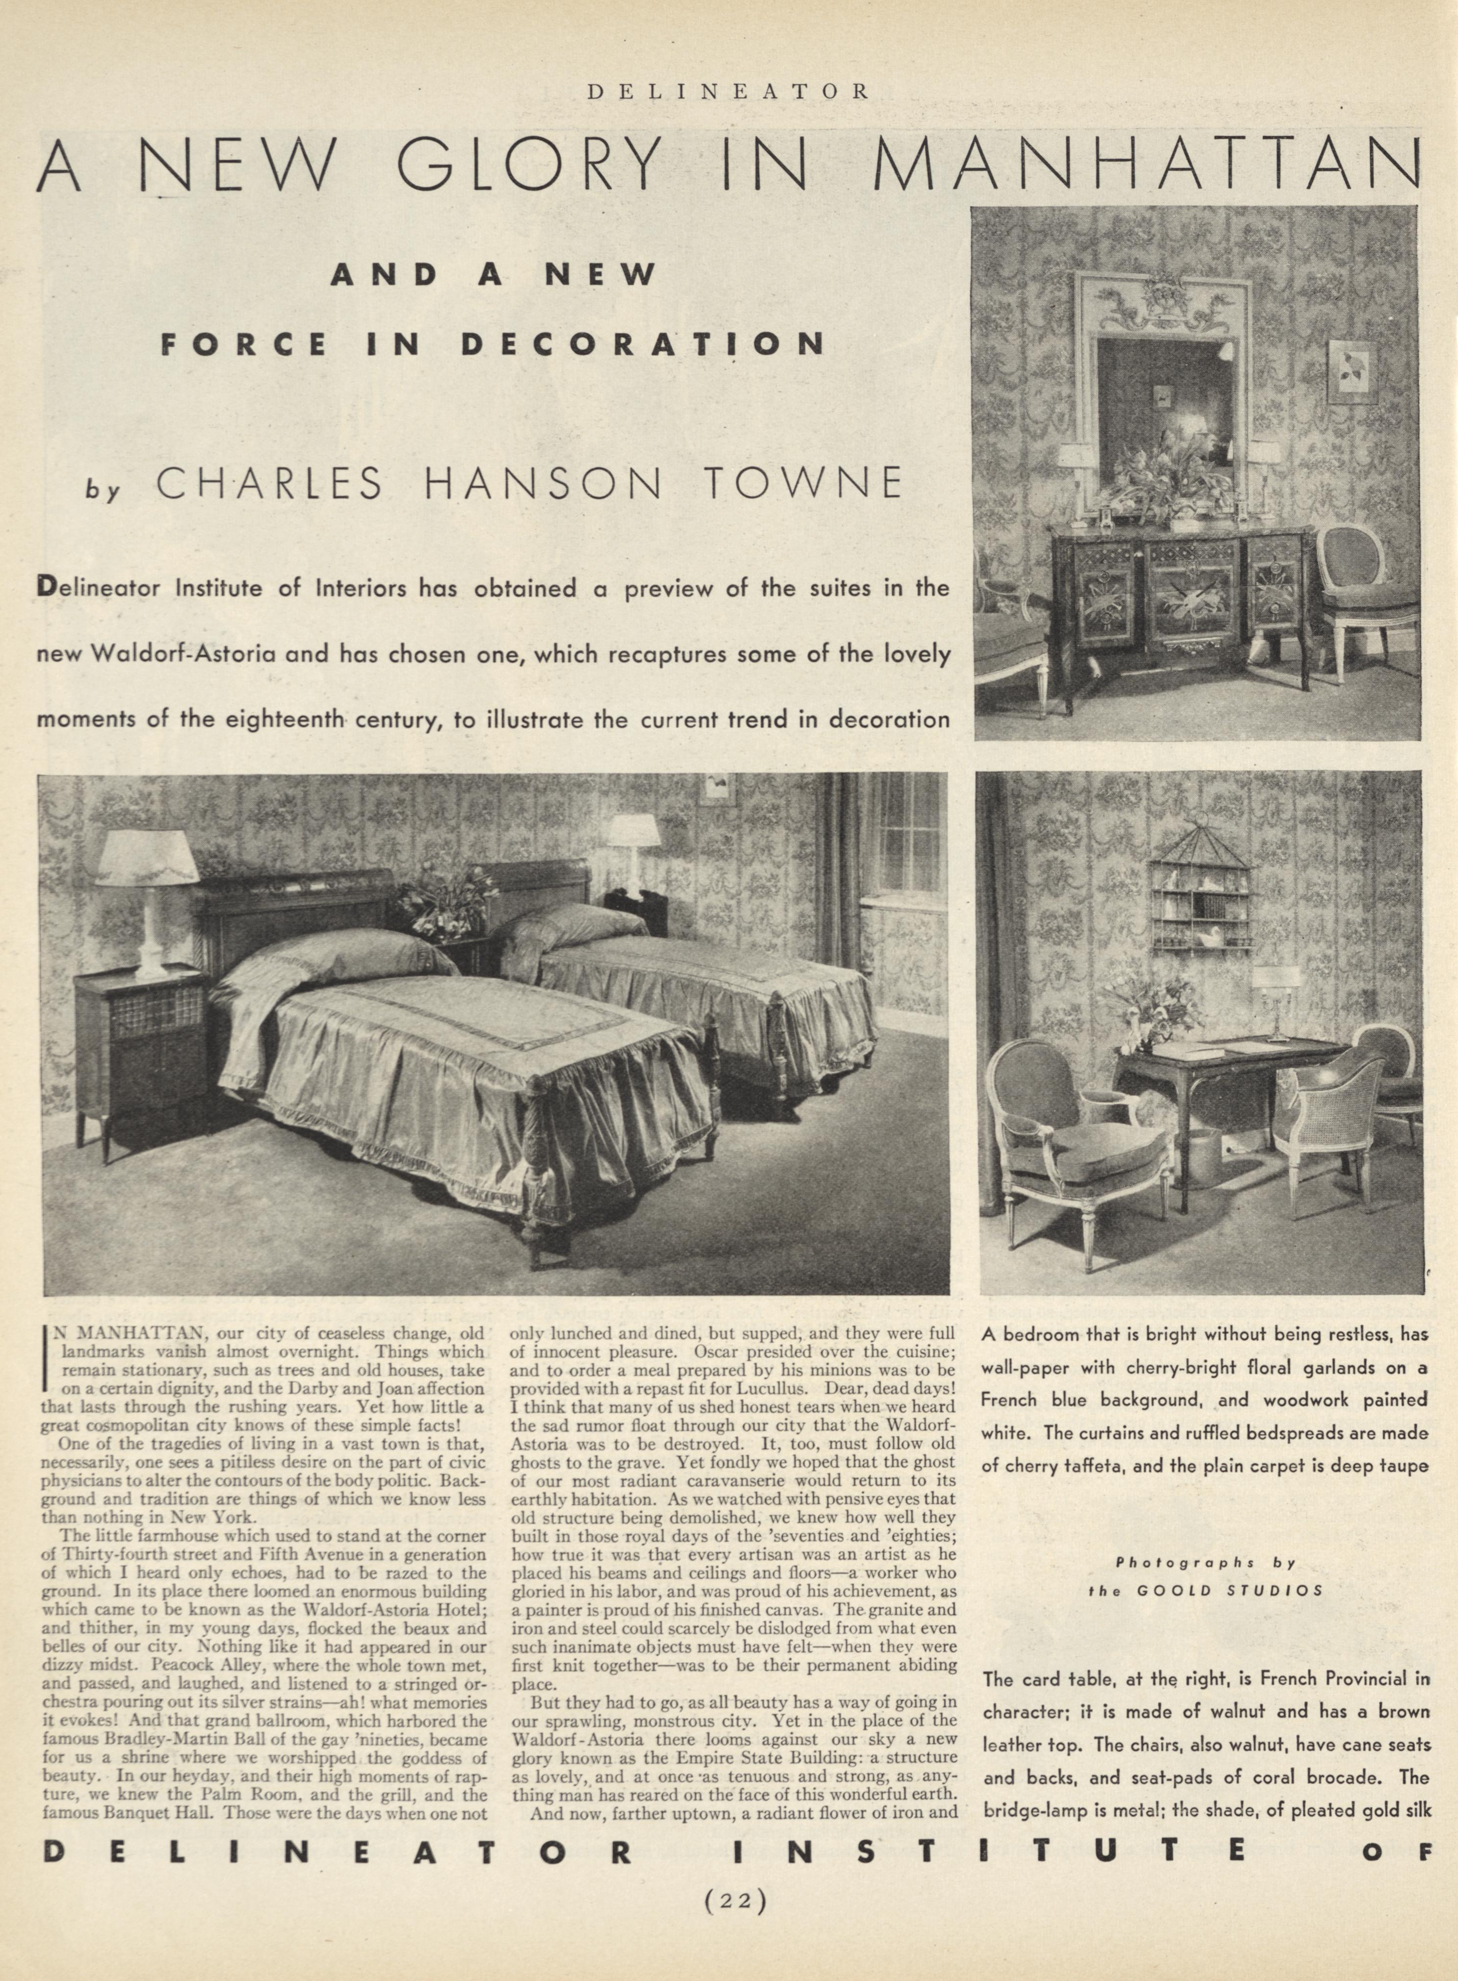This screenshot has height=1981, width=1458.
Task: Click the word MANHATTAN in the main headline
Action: point(1147,164)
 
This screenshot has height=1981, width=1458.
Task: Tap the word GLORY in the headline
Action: point(529,164)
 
